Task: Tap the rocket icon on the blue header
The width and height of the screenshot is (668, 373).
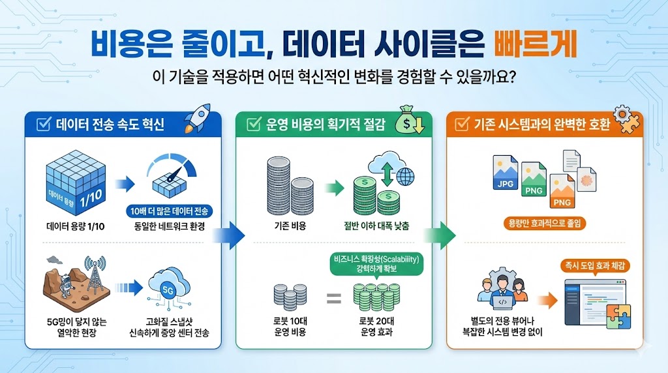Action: (198, 118)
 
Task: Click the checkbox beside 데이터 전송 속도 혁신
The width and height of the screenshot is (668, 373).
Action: (44, 124)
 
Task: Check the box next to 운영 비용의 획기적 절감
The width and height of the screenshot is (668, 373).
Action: (254, 124)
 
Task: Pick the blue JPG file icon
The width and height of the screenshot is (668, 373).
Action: (506, 172)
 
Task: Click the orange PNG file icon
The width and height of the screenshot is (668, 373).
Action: (562, 191)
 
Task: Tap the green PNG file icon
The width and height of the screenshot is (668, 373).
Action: (534, 179)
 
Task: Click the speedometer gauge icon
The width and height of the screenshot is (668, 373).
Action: (172, 177)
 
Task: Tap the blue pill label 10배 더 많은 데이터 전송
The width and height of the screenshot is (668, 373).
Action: (169, 212)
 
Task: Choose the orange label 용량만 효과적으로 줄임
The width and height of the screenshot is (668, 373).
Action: (545, 223)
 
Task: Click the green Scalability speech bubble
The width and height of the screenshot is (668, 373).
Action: (376, 264)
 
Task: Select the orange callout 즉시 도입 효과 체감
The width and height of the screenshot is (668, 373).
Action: (595, 266)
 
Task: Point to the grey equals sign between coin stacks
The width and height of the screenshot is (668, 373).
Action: (333, 298)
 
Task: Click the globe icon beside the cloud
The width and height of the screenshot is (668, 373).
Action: (405, 176)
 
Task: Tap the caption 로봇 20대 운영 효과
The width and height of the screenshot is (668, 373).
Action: (376, 326)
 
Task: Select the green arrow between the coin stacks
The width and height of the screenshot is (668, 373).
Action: (335, 188)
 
